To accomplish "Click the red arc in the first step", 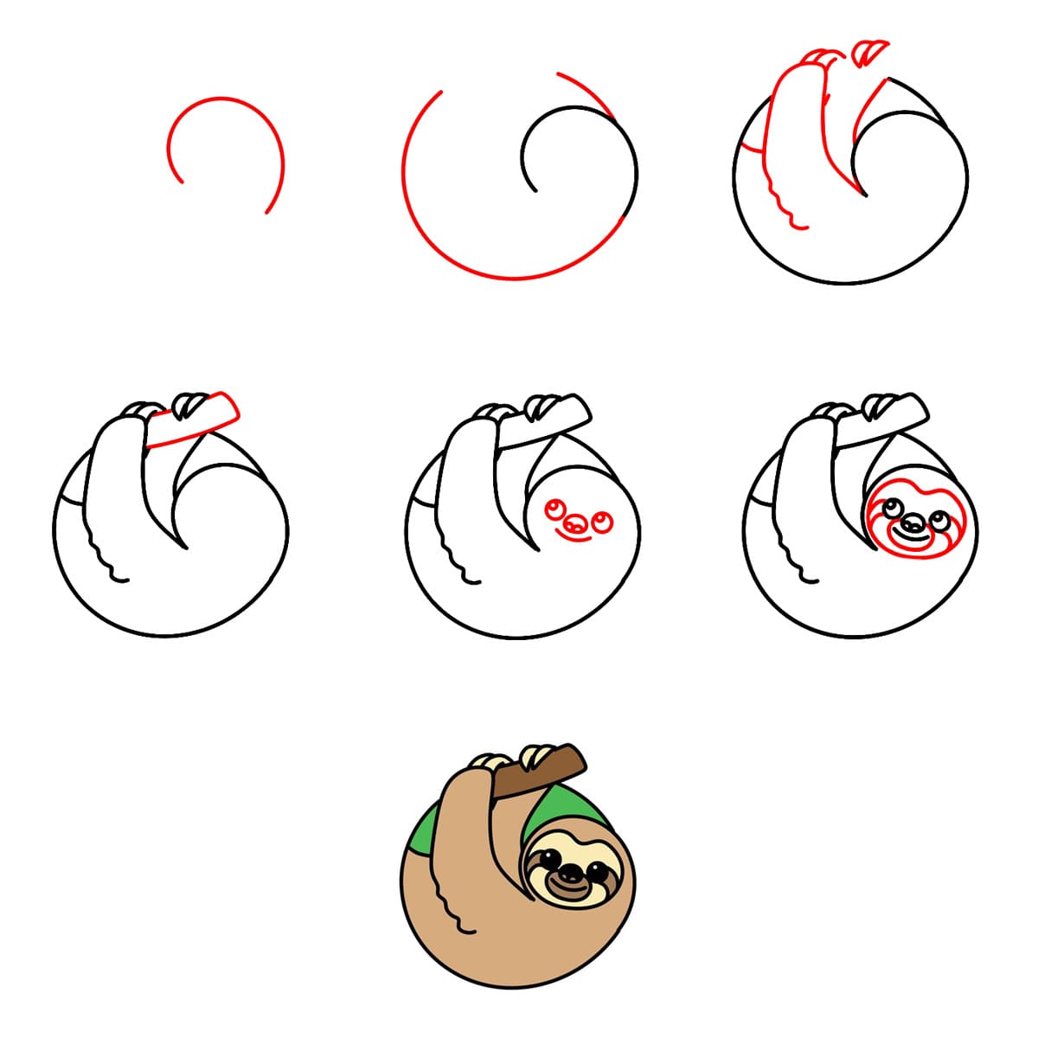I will pyautogui.click(x=223, y=99).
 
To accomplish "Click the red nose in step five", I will pyautogui.click(x=573, y=524).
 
